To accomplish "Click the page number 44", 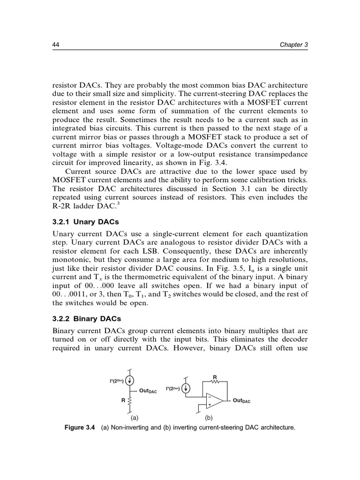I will pos(54,45).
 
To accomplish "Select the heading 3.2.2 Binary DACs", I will pos(82,319).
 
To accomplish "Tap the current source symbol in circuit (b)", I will pos(186,388).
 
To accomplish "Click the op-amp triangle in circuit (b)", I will pos(214,401).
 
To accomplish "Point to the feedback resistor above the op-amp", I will pos(215,381).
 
